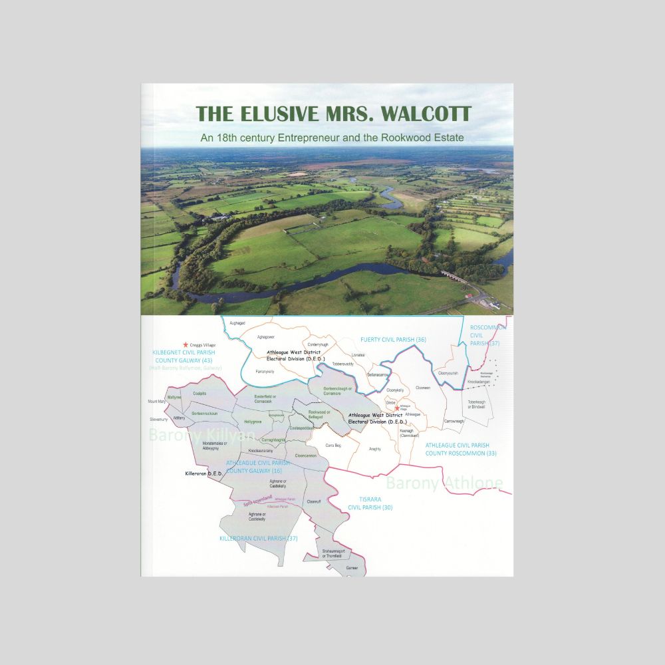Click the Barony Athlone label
coord(444,482)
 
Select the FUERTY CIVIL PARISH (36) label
coord(393,340)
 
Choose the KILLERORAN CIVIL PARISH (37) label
coord(258,538)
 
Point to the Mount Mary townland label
coord(157,402)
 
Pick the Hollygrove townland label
coord(253,422)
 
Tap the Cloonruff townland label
coord(314,502)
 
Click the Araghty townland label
coord(375,449)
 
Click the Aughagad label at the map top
coord(237,323)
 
